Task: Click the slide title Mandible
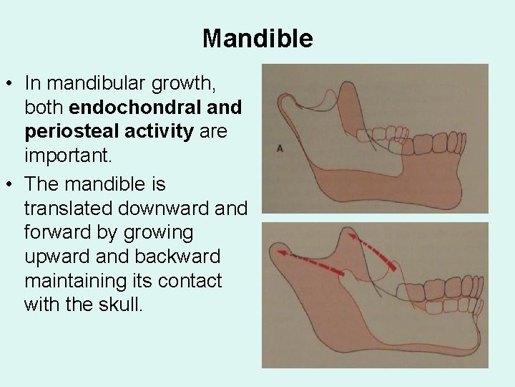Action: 257,38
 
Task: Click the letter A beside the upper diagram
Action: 280,148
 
